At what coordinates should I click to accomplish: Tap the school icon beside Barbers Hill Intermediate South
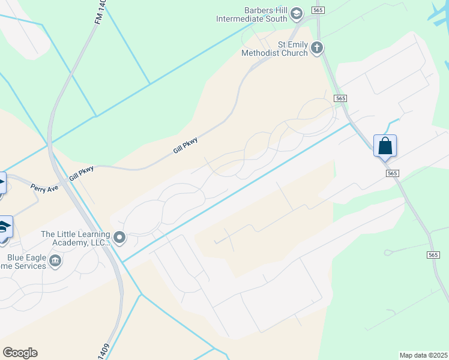pos(296,14)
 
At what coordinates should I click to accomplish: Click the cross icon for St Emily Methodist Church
pos(318,48)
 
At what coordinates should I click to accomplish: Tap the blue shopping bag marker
pos(385,146)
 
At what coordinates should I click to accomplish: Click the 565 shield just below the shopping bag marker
pos(393,173)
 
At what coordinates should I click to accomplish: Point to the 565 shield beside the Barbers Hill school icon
pos(319,10)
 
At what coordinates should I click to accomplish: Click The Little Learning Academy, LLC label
pos(75,238)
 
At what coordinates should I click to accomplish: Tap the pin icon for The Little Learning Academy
pos(119,238)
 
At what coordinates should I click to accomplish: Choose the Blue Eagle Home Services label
pos(23,262)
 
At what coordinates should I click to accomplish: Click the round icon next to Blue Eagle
pos(55,261)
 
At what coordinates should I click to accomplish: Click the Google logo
pos(20,353)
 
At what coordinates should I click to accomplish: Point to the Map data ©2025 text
pos(423,355)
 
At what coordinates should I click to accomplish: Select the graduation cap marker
pos(5,228)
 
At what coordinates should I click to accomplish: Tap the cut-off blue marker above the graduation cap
pos(2,182)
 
